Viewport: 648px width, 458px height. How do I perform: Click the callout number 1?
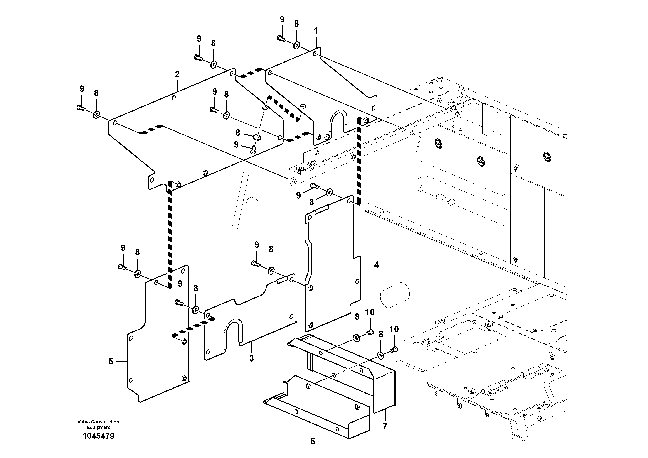click(x=316, y=30)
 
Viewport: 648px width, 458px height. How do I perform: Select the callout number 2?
click(x=177, y=74)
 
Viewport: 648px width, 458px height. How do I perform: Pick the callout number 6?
click(x=313, y=441)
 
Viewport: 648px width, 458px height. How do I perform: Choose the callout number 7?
click(x=385, y=426)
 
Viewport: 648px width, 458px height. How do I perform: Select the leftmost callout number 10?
click(x=370, y=312)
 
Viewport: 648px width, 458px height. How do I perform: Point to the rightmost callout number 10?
click(x=394, y=329)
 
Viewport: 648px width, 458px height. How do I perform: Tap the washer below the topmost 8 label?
click(x=296, y=45)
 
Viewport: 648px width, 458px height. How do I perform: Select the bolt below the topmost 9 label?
click(x=281, y=38)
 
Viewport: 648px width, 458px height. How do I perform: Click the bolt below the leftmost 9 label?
click(x=81, y=107)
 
